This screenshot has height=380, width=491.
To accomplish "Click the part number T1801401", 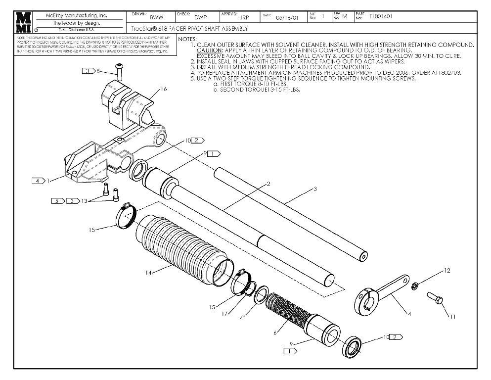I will pyautogui.click(x=381, y=16).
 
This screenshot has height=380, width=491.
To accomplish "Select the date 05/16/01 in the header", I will pyautogui.click(x=287, y=17).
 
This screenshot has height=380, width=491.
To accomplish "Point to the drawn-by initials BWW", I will pyautogui.click(x=157, y=17).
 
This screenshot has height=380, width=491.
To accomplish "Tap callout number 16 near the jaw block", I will pyautogui.click(x=164, y=90).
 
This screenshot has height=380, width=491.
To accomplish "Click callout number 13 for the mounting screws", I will pyautogui.click(x=84, y=201).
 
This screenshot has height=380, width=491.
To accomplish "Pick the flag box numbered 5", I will pyautogui.click(x=57, y=201).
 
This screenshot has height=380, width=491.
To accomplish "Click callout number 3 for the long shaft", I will pyautogui.click(x=315, y=189).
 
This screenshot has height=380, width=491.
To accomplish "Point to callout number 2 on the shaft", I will pyautogui.click(x=268, y=184).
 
